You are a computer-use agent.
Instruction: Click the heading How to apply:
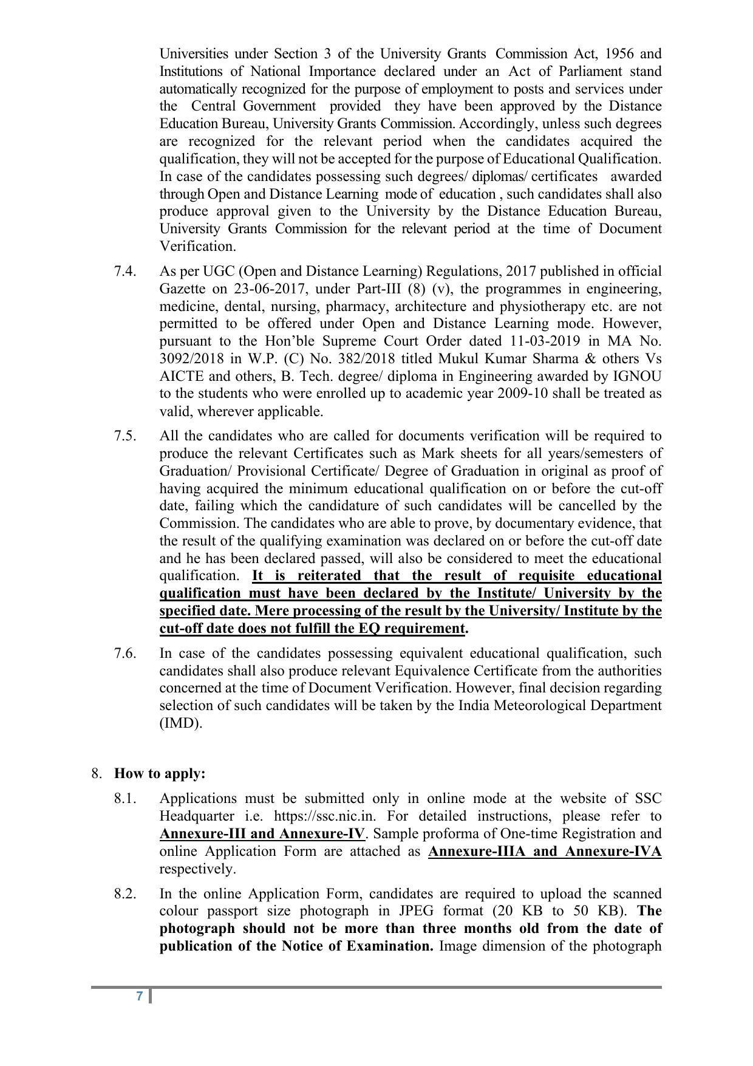click(x=160, y=773)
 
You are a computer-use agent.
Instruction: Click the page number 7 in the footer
click(x=140, y=996)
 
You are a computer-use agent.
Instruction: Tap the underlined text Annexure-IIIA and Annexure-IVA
click(x=545, y=851)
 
